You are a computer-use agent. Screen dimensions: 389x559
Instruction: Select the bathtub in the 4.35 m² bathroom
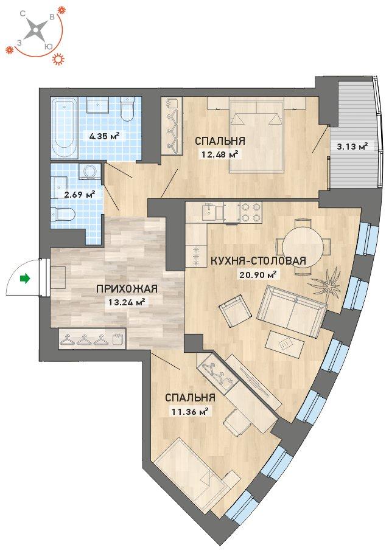64,128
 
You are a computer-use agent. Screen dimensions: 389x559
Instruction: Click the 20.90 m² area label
258,274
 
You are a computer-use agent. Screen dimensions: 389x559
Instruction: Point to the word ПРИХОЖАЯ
127,288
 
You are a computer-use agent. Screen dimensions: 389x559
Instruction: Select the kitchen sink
209,213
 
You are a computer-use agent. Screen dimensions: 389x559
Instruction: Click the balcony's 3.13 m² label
352,146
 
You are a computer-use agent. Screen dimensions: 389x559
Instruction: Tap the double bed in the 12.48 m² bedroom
257,136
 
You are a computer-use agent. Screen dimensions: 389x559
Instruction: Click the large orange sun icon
58,59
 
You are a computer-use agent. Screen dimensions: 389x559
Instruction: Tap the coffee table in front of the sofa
285,344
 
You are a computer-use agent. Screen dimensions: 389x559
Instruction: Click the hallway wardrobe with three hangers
92,338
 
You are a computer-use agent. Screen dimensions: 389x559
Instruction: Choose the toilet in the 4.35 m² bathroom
127,108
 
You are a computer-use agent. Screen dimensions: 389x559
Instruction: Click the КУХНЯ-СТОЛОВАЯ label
258,260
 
